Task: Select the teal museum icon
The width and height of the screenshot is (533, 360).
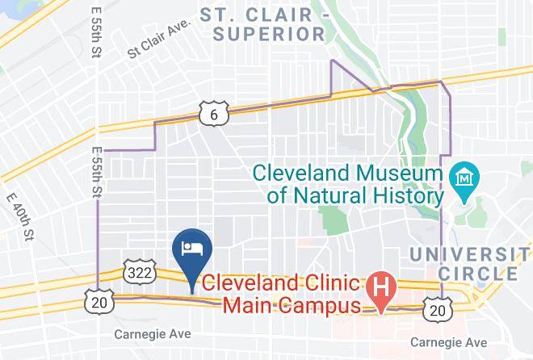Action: (466, 175)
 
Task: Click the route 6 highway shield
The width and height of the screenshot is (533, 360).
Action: (212, 115)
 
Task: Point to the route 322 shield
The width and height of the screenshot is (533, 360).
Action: (137, 274)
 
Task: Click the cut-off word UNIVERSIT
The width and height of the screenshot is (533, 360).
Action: (471, 254)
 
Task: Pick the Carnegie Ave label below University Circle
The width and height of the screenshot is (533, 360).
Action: (448, 342)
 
